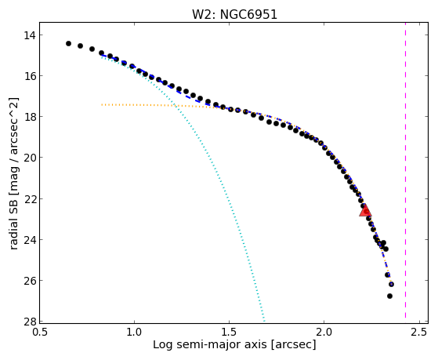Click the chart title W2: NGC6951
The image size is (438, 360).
pos(234,14)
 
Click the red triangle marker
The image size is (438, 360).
pos(365,210)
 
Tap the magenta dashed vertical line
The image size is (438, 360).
pos(405,173)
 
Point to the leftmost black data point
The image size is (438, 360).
pos(68,43)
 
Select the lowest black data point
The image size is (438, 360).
pos(389,296)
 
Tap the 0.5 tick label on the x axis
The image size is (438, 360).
pos(40,332)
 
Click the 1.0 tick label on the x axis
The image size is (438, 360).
pos(134,332)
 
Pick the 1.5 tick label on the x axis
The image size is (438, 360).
pos(229,332)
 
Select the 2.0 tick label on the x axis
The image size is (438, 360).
pos(324,332)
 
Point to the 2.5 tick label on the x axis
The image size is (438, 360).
pos(419,332)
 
